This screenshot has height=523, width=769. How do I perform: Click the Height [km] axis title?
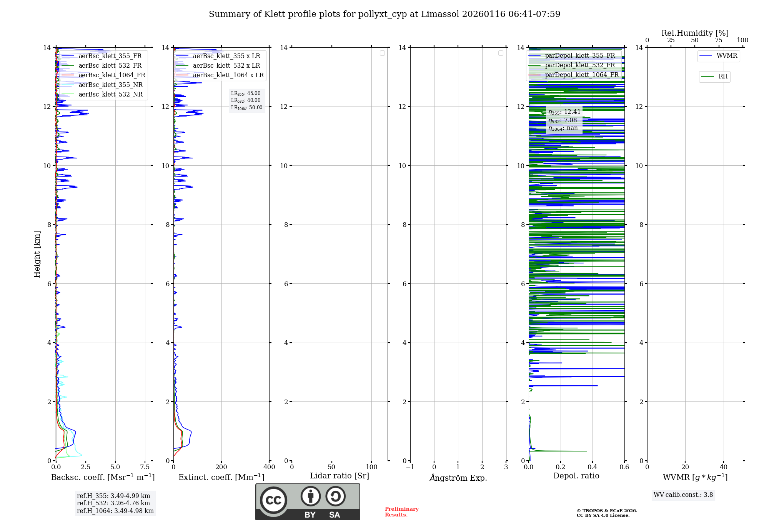[x=37, y=254]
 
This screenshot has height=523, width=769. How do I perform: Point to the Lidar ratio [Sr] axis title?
[x=340, y=476]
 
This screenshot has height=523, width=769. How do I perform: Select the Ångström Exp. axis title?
[x=458, y=478]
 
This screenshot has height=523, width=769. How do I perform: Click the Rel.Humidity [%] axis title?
[x=695, y=33]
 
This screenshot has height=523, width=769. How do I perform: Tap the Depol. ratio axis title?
[x=576, y=476]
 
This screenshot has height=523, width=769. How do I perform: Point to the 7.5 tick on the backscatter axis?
[x=145, y=467]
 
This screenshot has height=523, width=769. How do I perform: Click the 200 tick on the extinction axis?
[x=221, y=467]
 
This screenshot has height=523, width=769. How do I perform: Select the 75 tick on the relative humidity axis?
[x=718, y=40]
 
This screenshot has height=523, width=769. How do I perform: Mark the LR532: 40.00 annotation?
[x=246, y=100]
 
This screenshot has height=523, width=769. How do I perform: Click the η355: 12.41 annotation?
[x=564, y=112]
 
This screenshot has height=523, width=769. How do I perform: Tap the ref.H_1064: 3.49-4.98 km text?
[x=115, y=511]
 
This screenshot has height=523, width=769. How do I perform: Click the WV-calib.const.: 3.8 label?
[x=683, y=495]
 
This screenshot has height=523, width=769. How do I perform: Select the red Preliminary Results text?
[x=401, y=512]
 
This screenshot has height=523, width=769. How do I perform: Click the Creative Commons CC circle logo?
[x=273, y=500]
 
